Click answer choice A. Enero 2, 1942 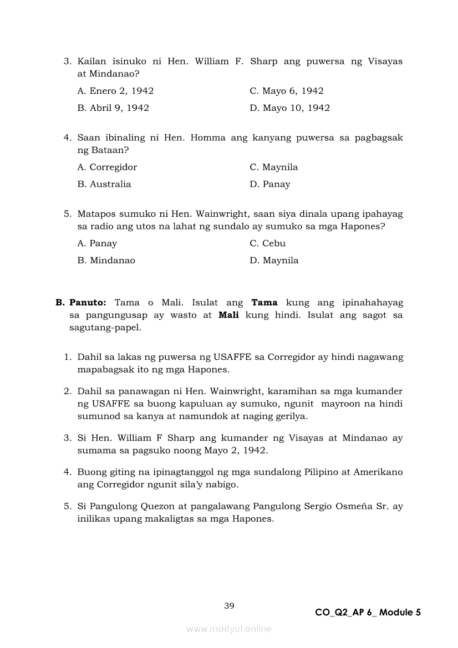pyautogui.click(x=115, y=91)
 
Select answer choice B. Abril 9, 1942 pyautogui.click(x=113, y=108)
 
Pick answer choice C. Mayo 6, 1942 pyautogui.click(x=286, y=91)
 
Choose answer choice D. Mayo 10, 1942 pyautogui.click(x=289, y=108)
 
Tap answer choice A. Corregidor pyautogui.click(x=107, y=167)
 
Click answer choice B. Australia pyautogui.click(x=104, y=184)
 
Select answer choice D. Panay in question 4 pyautogui.click(x=269, y=184)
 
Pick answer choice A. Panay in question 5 pyautogui.click(x=97, y=243)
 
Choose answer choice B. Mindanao pyautogui.click(x=106, y=261)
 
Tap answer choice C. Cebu pyautogui.click(x=267, y=243)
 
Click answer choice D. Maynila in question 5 pyautogui.click(x=274, y=261)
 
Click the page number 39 pyautogui.click(x=229, y=606)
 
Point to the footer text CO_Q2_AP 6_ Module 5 pyautogui.click(x=368, y=613)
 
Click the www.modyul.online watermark pyautogui.click(x=229, y=629)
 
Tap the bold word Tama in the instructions pyautogui.click(x=264, y=303)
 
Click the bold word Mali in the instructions pyautogui.click(x=228, y=315)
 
